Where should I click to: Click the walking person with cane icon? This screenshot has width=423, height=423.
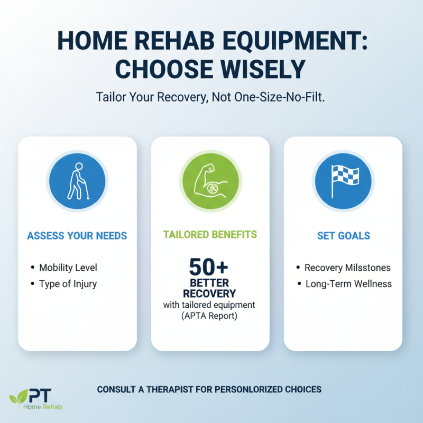tap(77, 180)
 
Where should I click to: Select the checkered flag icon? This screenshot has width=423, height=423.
tap(343, 180)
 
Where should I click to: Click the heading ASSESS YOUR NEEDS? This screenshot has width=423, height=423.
tap(77, 236)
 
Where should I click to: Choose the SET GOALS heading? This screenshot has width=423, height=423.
tap(343, 236)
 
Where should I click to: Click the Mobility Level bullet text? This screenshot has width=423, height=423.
tap(68, 268)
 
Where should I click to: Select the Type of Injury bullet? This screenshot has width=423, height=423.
tap(68, 284)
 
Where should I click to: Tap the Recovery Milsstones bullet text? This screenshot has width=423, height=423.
tap(347, 268)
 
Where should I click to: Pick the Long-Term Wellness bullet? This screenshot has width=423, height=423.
tap(348, 284)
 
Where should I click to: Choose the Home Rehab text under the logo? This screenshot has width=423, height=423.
tap(42, 407)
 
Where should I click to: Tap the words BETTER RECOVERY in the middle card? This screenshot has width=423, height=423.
tap(210, 288)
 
